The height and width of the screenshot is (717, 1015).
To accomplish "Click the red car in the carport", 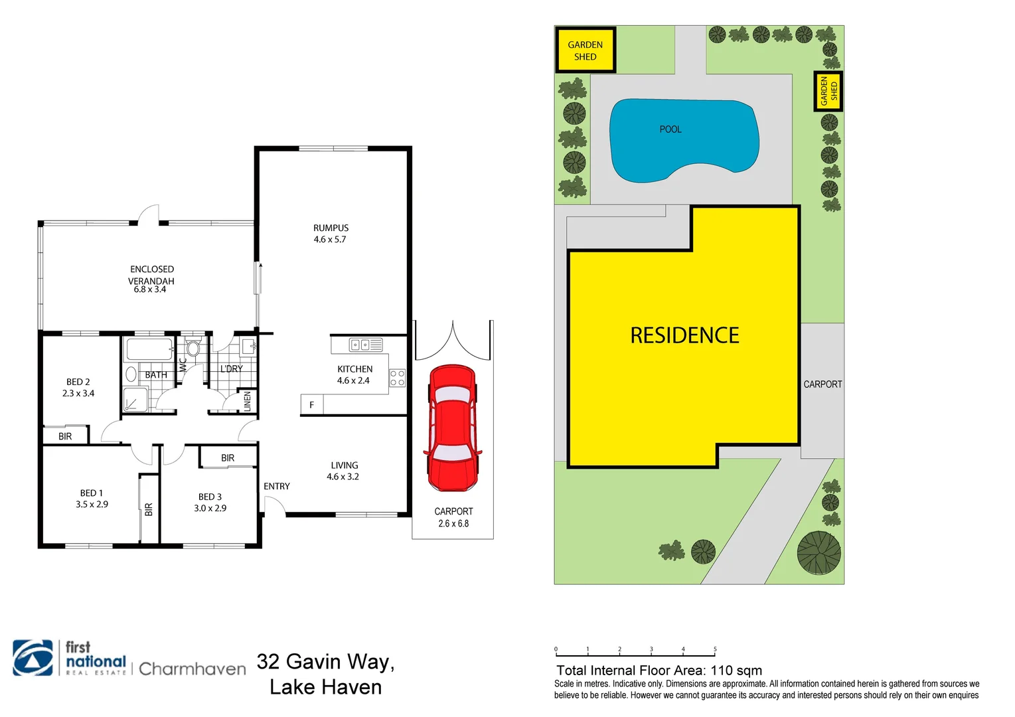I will click(453, 428).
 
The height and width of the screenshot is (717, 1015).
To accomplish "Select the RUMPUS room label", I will click(331, 228).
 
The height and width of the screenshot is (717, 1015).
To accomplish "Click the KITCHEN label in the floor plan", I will click(354, 369).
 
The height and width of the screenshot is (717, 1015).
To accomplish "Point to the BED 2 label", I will click(78, 382).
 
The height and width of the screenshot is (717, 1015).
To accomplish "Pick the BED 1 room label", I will click(91, 493).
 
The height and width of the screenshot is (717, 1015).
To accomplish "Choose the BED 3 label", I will click(210, 497).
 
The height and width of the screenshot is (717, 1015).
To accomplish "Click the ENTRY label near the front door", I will click(276, 487).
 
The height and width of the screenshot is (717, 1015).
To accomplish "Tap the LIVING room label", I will click(344, 465).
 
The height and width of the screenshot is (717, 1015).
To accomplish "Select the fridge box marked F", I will click(311, 405).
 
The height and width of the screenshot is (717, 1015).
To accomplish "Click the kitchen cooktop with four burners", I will click(397, 378).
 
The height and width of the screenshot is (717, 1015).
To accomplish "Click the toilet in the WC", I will click(193, 349).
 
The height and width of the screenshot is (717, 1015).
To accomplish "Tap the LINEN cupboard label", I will click(248, 401).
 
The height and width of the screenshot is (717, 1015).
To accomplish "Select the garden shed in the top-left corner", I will click(585, 50).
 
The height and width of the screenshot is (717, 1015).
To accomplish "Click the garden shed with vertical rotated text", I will click(828, 91).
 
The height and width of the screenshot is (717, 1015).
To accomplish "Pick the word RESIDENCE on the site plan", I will click(684, 335).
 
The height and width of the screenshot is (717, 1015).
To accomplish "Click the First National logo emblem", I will click(33, 658).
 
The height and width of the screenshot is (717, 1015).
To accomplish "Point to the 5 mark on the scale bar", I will click(715, 649).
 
